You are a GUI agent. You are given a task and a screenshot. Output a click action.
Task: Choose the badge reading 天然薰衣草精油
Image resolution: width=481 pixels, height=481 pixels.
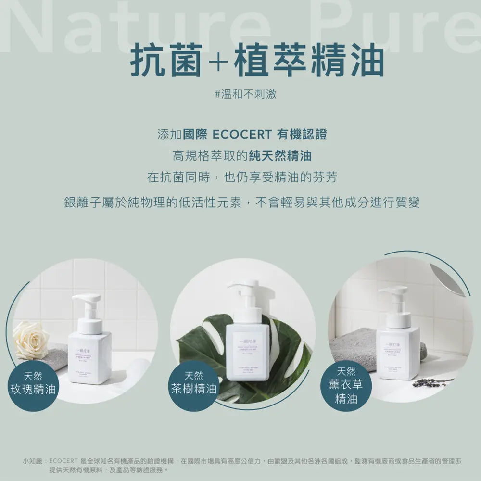[346, 385]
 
